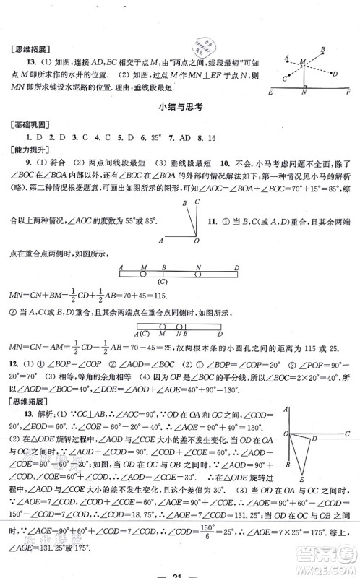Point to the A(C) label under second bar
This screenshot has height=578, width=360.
[x=145, y=333]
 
